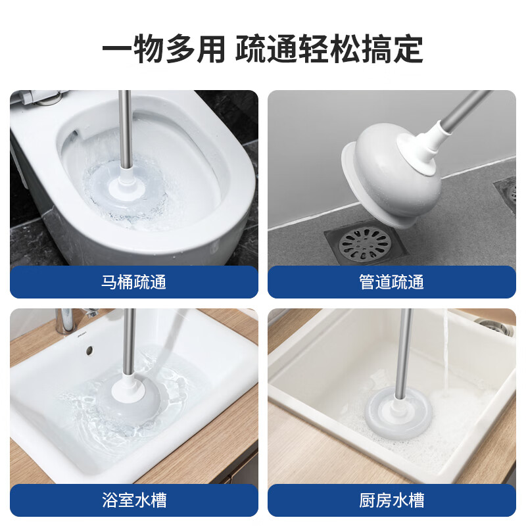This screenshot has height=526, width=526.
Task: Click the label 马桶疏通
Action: pyautogui.click(x=134, y=282)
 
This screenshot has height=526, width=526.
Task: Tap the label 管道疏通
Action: pyautogui.click(x=391, y=282)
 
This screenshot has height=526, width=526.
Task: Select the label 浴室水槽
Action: pyautogui.click(x=134, y=500)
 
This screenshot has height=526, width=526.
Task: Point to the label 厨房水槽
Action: pyautogui.click(x=391, y=500)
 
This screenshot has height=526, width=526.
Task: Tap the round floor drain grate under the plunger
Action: pyautogui.click(x=366, y=243)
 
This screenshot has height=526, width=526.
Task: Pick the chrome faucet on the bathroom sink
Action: pyautogui.click(x=65, y=320)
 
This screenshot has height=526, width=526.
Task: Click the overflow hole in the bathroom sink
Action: pyautogui.click(x=89, y=350)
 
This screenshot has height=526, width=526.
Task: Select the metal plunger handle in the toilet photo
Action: pyautogui.click(x=125, y=129)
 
